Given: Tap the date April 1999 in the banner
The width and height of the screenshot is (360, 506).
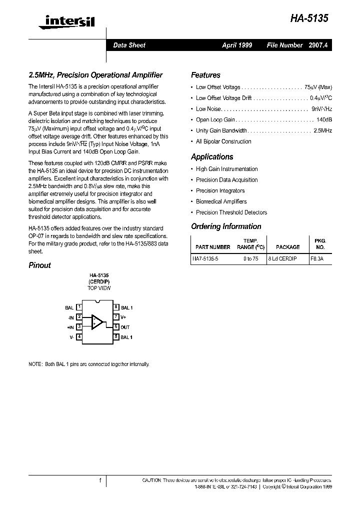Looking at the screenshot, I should (x=237, y=45).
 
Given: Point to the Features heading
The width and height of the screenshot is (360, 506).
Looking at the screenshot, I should (x=205, y=75).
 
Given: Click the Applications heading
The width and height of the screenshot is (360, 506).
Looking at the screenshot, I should (x=212, y=156).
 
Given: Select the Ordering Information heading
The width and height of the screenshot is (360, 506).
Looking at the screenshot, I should (x=226, y=226).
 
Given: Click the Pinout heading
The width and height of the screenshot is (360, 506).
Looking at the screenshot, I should (x=39, y=265).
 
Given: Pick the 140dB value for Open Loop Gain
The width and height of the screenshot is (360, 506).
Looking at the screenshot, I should (x=324, y=120).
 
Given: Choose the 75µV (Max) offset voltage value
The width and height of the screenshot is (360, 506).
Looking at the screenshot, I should (x=317, y=87).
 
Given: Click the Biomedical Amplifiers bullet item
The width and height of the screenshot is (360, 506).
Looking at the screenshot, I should (x=221, y=201).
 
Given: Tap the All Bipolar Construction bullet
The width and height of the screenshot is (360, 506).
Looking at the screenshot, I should (x=223, y=141).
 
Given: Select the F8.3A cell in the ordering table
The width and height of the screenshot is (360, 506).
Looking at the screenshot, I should (x=316, y=259).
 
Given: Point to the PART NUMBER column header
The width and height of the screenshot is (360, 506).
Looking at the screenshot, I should (x=212, y=247).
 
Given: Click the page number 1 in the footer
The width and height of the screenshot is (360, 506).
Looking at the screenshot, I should (x=100, y=480).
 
